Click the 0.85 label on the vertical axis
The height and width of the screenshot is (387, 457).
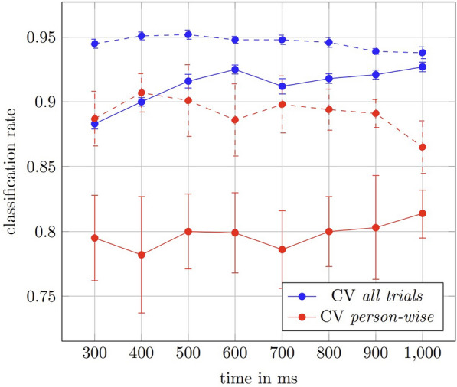pyautogui.click(x=41, y=167)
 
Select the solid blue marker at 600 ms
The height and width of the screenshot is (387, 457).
pyautogui.click(x=234, y=70)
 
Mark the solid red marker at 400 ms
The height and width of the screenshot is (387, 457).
pyautogui.click(x=141, y=255)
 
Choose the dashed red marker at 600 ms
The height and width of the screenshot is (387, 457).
pyautogui.click(x=234, y=120)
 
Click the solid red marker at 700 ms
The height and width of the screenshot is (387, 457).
pyautogui.click(x=282, y=249)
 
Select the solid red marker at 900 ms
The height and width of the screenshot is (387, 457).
pyautogui.click(x=375, y=227)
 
